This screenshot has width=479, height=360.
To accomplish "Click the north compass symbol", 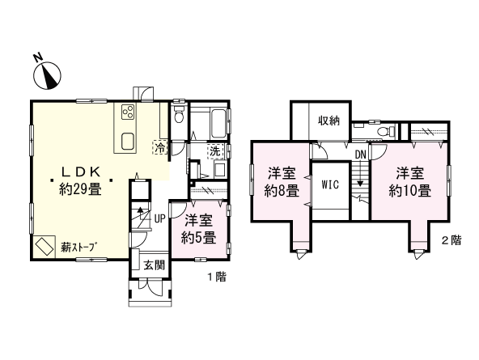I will pyautogui.click(x=49, y=74).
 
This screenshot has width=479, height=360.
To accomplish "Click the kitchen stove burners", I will pyautogui.click(x=128, y=112).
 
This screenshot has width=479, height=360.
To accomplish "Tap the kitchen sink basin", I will pyautogui.click(x=129, y=142).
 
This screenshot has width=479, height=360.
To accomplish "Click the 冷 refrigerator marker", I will pyautogui.click(x=160, y=148).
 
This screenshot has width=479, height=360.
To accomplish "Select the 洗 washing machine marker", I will pyautogui.click(x=214, y=150).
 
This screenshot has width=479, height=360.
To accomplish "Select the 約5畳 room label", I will pyautogui.click(x=198, y=237).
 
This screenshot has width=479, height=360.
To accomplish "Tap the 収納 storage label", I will pyautogui.click(x=329, y=121).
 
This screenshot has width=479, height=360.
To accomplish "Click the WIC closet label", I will pyautogui.click(x=330, y=184).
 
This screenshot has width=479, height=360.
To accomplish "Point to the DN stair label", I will pyautogui.click(x=360, y=155).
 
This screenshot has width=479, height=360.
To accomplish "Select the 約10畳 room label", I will pyautogui.click(x=409, y=191).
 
